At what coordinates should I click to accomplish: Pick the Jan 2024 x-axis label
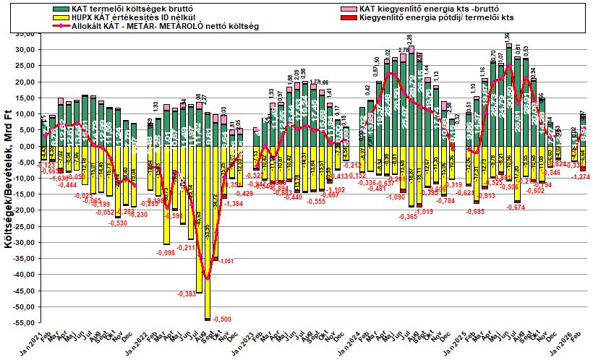pyautogui.click(x=351, y=340)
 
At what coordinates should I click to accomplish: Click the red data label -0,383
pyautogui.click(x=185, y=293)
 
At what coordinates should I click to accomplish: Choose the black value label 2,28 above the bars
pyautogui.click(x=409, y=37)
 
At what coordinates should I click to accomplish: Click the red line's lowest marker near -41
pyautogui.click(x=208, y=278)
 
